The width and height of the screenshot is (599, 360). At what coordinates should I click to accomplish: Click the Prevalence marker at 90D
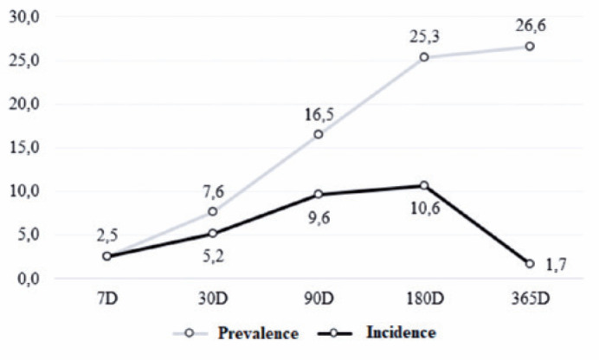(319, 134)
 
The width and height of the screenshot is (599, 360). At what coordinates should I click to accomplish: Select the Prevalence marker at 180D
(424, 57)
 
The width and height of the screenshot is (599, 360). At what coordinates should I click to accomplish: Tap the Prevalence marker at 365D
(530, 46)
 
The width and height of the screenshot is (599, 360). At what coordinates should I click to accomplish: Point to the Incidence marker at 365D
(530, 264)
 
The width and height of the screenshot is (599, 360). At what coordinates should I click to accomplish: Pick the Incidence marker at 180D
(424, 185)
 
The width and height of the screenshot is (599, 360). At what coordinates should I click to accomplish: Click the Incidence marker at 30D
(213, 234)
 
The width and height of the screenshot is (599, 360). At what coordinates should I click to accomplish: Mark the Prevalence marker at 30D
(213, 211)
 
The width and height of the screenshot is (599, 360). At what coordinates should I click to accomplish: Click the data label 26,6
(531, 26)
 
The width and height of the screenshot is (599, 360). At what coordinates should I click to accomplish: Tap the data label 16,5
(319, 114)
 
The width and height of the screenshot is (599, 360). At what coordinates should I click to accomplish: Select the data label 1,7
(556, 265)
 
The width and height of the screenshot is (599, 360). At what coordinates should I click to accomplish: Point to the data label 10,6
(425, 209)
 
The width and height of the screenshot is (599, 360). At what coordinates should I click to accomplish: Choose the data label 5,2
(213, 256)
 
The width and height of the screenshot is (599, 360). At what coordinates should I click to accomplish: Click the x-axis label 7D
(107, 299)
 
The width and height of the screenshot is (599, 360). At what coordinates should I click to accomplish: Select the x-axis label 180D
(425, 299)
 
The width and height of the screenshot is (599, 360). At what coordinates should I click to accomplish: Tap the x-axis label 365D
(531, 299)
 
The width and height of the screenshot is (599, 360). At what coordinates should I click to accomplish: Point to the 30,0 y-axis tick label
(24, 17)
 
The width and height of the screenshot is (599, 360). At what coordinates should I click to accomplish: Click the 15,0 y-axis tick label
(24, 148)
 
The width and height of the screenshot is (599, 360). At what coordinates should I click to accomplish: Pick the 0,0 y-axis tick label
(29, 279)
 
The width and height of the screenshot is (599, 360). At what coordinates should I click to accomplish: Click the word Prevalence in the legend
(258, 333)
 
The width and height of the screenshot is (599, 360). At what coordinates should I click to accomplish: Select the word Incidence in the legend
(401, 332)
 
